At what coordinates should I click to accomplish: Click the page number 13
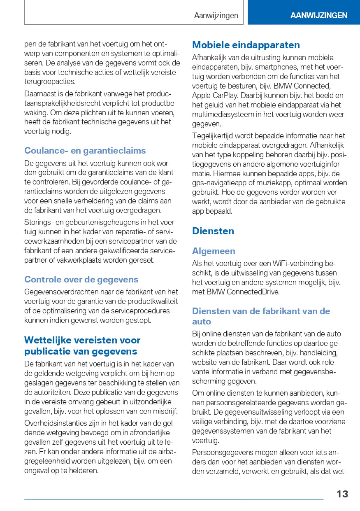(x=342, y=494)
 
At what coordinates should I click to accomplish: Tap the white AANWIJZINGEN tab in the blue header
(x=318, y=16)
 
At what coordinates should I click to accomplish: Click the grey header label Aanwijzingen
(x=216, y=16)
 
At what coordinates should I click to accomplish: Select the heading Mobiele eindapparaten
(x=246, y=45)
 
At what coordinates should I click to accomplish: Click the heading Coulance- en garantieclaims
(x=85, y=150)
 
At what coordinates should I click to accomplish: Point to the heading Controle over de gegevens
(x=81, y=280)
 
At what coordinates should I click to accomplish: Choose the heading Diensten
(x=213, y=231)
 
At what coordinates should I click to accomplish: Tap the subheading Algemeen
(x=214, y=251)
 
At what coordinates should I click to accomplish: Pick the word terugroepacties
(x=50, y=82)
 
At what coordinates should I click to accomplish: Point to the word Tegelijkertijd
(x=214, y=136)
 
